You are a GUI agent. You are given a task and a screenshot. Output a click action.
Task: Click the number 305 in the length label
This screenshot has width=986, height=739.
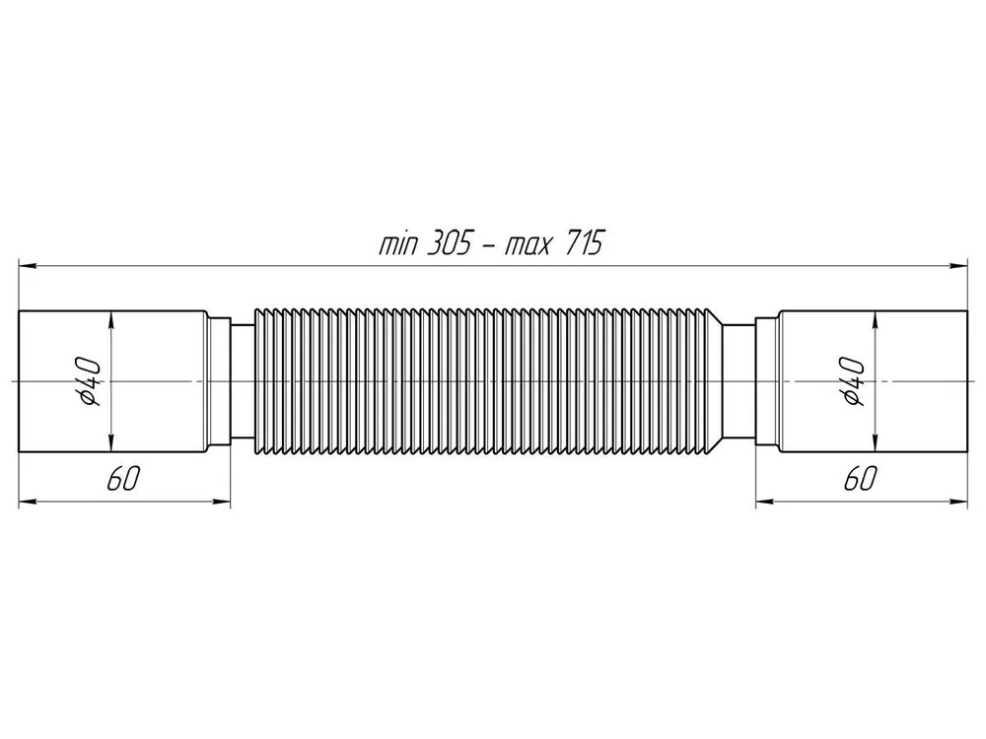[449, 242]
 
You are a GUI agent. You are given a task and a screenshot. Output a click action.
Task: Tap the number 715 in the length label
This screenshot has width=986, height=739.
[583, 242]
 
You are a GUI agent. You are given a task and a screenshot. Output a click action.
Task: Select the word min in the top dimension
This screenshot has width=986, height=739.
[398, 243]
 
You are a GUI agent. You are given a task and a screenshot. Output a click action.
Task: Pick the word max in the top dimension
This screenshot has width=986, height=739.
[528, 245]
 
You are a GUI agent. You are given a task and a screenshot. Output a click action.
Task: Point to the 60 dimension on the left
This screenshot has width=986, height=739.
[122, 480]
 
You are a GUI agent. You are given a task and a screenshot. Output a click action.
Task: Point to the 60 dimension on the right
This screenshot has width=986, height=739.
[860, 480]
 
